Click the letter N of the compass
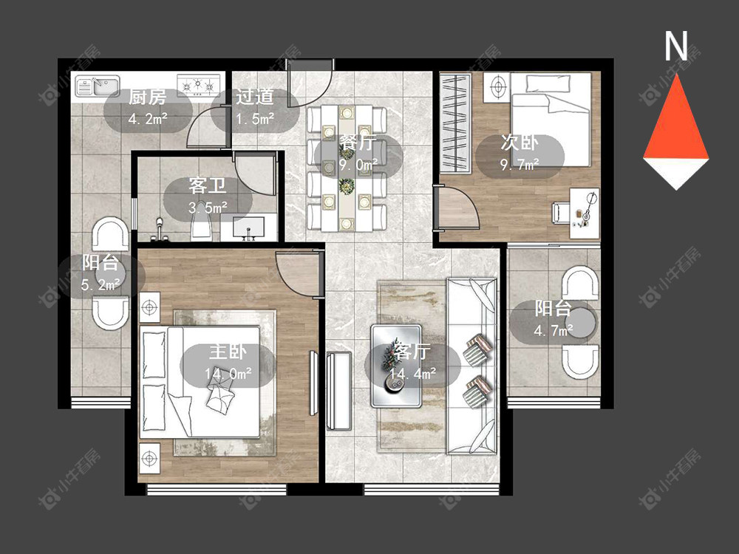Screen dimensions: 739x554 tap(676, 46)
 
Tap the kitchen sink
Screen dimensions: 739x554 tap(98, 86)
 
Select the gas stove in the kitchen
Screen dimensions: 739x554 tap(198, 85)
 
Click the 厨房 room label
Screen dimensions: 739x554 tap(148, 98)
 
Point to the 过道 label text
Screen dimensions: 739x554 tap(254, 97)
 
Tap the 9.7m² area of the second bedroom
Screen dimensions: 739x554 tap(520, 165)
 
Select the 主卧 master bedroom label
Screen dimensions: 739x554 tap(228, 352)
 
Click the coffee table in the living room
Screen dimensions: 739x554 tap(396, 366)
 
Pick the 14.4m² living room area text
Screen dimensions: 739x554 tap(413, 374)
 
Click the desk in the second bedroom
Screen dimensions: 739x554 tap(585, 213)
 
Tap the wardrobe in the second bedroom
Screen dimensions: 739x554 tap(456, 123)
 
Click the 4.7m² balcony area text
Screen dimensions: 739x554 tap(554, 330)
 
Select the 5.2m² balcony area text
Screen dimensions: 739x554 tap(101, 284)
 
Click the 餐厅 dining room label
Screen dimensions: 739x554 tap(358, 143)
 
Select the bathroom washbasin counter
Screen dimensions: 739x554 tap(248, 227)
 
